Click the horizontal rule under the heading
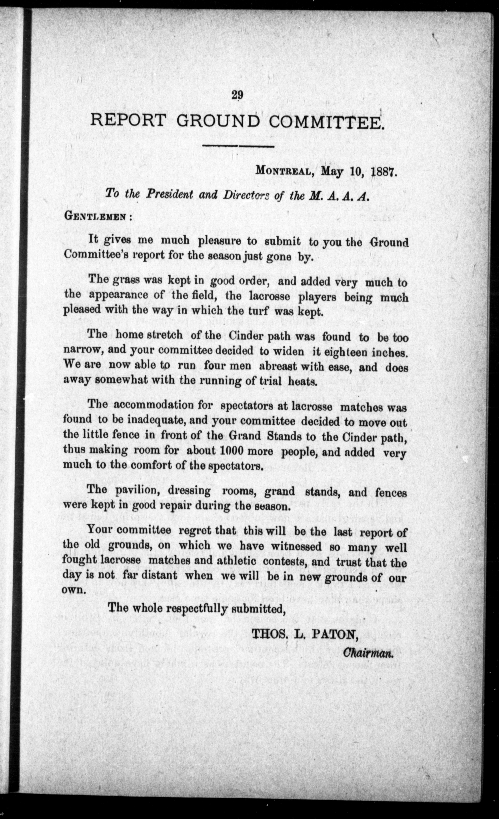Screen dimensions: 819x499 coord(238,146)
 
